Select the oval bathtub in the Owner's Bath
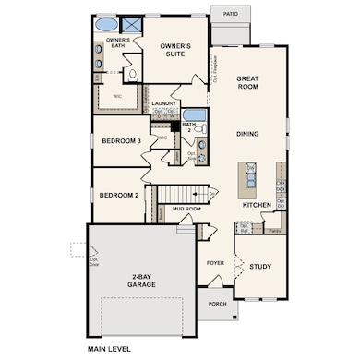107,25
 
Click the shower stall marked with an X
132,25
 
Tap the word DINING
246,134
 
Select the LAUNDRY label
164,103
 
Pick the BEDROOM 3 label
121,140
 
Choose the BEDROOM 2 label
119,195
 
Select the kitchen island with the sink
247,176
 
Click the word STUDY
260,267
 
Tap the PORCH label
217,304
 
